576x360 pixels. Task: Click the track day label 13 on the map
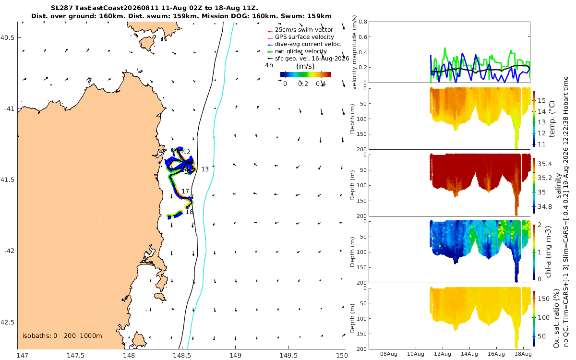205,169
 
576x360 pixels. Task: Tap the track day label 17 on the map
185,192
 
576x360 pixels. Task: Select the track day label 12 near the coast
187,152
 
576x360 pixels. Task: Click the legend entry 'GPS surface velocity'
304,37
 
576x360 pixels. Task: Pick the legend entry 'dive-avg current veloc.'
308,44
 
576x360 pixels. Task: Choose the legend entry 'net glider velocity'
301,51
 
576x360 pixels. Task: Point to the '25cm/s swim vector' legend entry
304,30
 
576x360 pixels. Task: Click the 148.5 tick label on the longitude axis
182,355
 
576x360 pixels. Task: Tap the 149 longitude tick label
235,355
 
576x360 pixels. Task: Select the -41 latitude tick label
9,109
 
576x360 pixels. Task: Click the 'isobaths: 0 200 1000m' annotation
62,336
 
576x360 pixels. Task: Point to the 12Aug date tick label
442,354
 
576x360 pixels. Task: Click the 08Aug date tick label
388,354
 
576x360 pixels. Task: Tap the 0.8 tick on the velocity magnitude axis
363,22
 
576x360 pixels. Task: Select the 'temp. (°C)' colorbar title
552,119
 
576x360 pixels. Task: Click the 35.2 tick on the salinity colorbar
545,178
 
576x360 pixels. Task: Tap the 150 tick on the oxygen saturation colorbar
543,299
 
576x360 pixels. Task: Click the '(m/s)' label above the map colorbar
305,66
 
